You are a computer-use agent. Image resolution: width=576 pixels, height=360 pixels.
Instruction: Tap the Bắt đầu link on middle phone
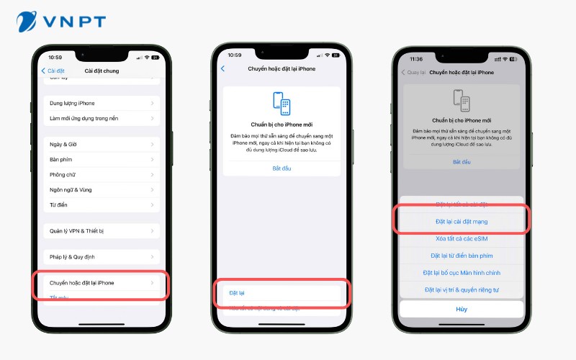pyautogui.click(x=282, y=168)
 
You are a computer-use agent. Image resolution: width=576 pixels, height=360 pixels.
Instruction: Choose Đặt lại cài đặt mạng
pyautogui.click(x=462, y=221)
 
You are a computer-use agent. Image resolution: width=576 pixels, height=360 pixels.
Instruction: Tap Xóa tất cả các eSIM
pyautogui.click(x=462, y=238)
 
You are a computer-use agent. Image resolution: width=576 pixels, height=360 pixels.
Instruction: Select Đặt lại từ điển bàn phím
pyautogui.click(x=462, y=256)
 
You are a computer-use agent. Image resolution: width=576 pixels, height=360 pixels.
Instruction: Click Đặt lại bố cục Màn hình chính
pyautogui.click(x=462, y=273)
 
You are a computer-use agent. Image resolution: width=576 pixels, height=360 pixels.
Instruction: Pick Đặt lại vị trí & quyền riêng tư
pyautogui.click(x=462, y=289)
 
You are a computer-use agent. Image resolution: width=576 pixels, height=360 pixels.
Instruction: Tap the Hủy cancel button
pyautogui.click(x=462, y=309)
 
